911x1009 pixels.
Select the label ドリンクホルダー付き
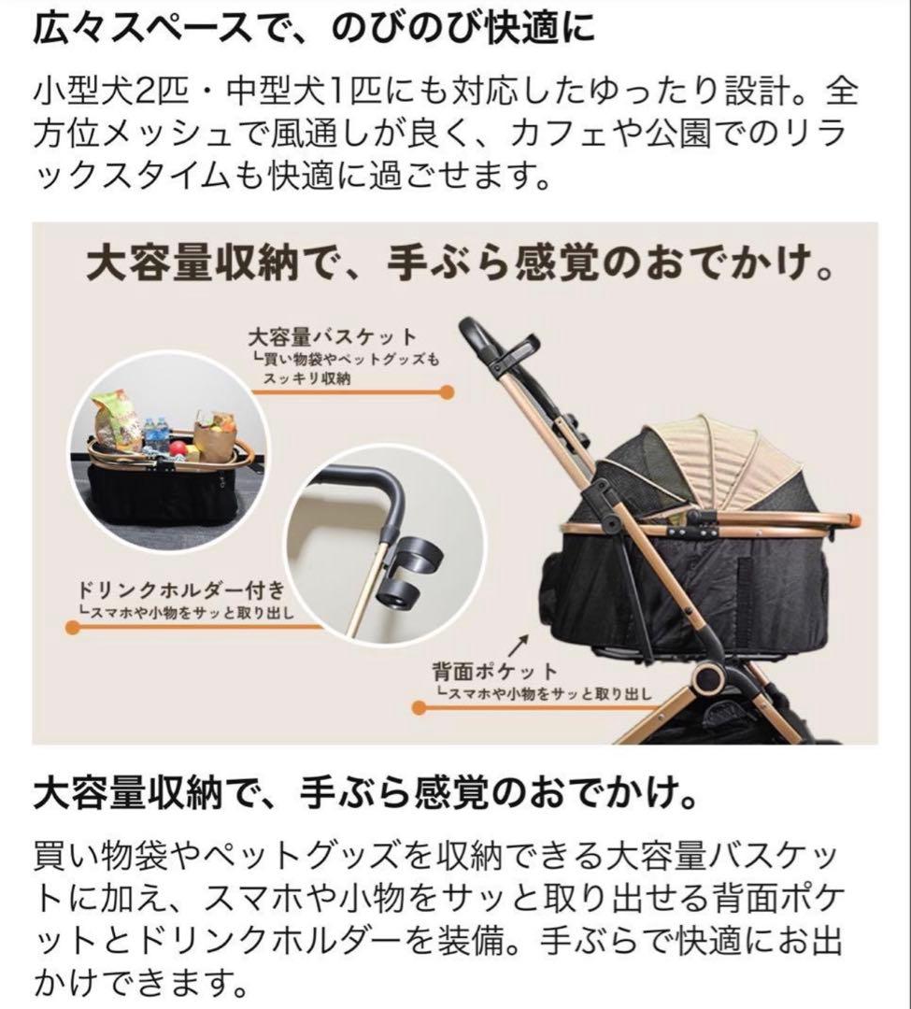click(x=177, y=591)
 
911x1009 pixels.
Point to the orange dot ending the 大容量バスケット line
click(x=448, y=392)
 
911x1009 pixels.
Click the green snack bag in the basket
click(x=116, y=422)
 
